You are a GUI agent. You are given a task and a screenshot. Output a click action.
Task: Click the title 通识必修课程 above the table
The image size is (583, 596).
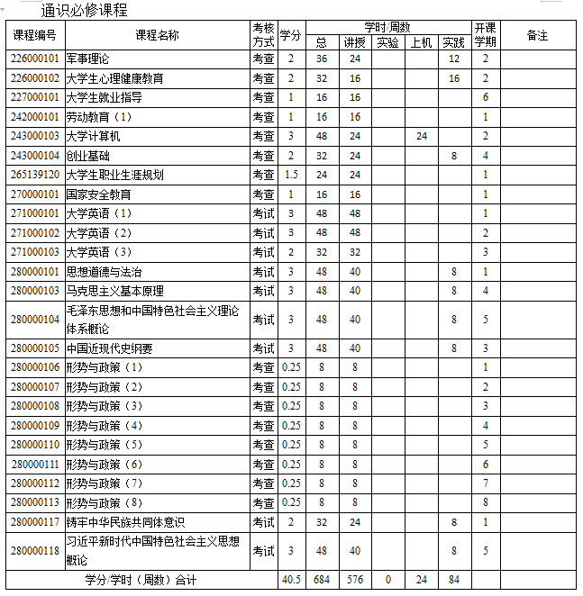tap(84, 11)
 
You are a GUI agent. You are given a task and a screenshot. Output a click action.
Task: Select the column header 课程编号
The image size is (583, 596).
tap(35, 35)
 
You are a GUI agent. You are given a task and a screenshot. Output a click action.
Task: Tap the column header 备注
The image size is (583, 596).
tap(537, 35)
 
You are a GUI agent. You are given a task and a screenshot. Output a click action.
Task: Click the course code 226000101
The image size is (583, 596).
tap(35, 59)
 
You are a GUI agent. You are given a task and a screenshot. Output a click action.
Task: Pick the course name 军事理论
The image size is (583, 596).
tap(88, 59)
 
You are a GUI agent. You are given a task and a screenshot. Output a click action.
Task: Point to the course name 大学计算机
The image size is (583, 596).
tap(94, 136)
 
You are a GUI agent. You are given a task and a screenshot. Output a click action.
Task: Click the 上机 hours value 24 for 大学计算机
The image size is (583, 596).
tap(421, 136)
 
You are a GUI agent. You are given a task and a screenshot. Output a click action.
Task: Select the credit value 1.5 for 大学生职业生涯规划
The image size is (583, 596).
tap(291, 175)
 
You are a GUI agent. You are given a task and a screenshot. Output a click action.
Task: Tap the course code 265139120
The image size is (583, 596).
tap(35, 175)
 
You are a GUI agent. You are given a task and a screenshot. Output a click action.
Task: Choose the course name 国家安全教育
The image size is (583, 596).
tap(99, 194)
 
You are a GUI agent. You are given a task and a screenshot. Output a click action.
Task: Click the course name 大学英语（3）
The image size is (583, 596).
tap(100, 252)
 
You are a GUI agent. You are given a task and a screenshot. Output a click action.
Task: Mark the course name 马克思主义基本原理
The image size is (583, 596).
tap(115, 291)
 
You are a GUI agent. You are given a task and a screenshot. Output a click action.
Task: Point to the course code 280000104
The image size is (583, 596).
tap(35, 320)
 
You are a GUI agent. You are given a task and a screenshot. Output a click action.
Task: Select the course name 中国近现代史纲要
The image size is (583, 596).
tap(110, 349)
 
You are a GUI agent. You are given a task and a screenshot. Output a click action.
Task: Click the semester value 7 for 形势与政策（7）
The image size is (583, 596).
tap(486, 483)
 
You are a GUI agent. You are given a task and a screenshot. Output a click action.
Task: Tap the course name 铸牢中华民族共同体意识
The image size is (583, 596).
tap(126, 522)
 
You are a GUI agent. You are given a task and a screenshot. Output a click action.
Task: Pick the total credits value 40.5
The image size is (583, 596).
tap(291, 580)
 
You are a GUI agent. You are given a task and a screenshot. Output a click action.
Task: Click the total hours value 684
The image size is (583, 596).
tap(322, 580)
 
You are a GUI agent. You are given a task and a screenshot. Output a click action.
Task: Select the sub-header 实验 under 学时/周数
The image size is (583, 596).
tap(387, 42)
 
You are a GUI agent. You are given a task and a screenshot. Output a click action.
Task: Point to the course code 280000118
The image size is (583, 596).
tap(35, 551)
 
